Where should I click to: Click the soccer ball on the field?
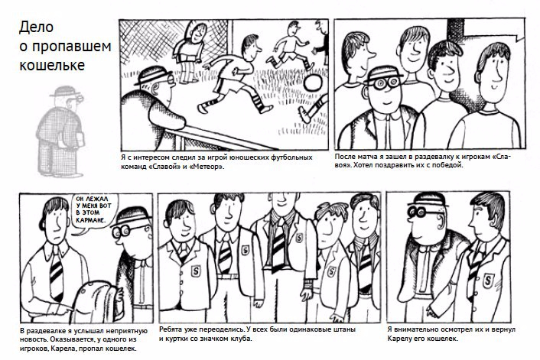click(x=313, y=83)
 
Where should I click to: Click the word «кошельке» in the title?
click(x=52, y=65)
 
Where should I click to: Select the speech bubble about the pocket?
click(x=94, y=212)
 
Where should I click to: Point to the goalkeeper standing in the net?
click(x=190, y=52)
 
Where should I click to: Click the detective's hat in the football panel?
click(x=152, y=75)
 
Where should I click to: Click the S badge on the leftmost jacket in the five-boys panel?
click(x=196, y=271)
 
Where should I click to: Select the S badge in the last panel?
click(x=488, y=281)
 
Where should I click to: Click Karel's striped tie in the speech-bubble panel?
click(x=57, y=274)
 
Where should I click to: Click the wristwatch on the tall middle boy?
click(x=308, y=284)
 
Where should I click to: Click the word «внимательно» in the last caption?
click(x=415, y=329)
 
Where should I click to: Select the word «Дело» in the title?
click(x=36, y=28)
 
